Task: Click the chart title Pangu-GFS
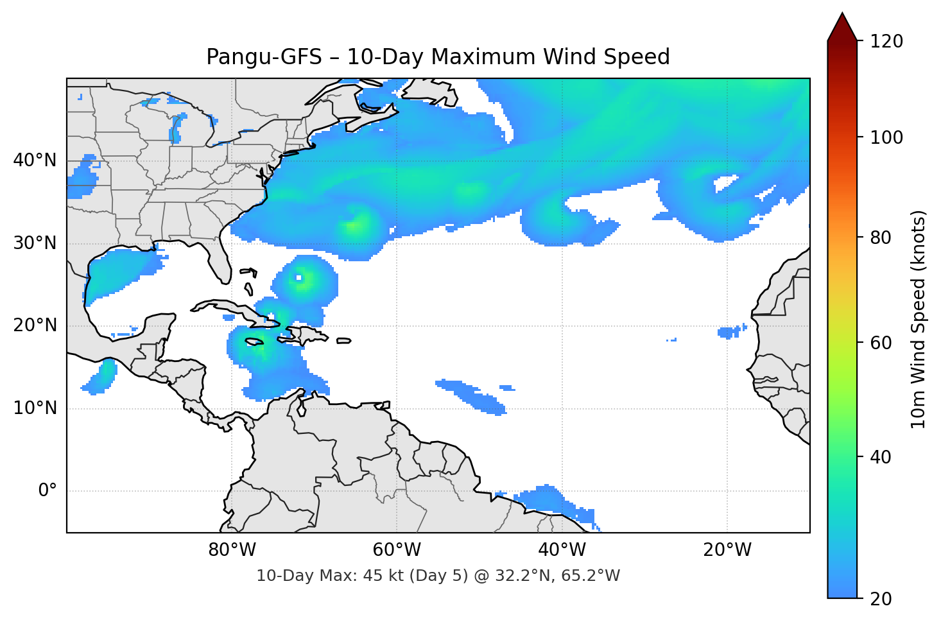[x=438, y=57]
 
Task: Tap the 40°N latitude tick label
[x=35, y=160]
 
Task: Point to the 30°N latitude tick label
[x=35, y=243]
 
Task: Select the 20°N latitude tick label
[x=35, y=325]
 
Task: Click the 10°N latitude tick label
[x=35, y=408]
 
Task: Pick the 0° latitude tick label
[x=47, y=491]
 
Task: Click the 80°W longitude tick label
[x=232, y=550]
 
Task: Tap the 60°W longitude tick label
[x=397, y=550]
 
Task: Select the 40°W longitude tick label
[x=562, y=550]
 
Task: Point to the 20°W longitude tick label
[x=727, y=550]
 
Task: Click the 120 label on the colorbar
[x=886, y=42]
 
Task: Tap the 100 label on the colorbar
[x=886, y=137]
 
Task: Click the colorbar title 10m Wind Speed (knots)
[x=919, y=319]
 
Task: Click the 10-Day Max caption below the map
[x=438, y=576]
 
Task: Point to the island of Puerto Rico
[x=344, y=341]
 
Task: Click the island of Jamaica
[x=255, y=342]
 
